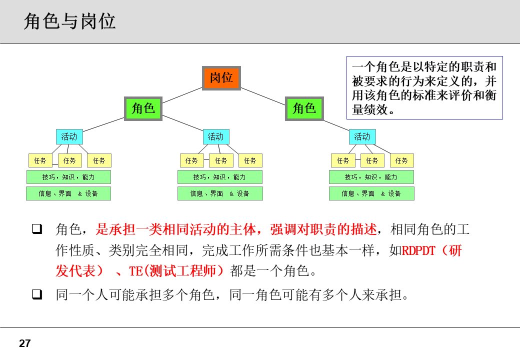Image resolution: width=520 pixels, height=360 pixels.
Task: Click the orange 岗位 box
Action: [221, 78]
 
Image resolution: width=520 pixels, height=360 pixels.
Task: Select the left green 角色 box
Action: [143, 108]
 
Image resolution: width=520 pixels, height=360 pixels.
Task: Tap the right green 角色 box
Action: [304, 108]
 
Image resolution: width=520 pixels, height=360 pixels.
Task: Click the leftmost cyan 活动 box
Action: [69, 136]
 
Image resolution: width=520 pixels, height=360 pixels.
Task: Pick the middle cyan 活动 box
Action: [215, 136]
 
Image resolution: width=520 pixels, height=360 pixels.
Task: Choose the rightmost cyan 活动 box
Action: [362, 136]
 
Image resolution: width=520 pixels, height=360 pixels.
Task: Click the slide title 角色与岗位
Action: [69, 21]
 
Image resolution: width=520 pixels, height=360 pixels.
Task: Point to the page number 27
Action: [24, 343]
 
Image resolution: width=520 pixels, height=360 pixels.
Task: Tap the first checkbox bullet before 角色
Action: [36, 229]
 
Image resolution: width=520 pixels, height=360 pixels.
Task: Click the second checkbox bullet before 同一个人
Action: [36, 294]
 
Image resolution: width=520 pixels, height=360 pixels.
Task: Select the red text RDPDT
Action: [419, 250]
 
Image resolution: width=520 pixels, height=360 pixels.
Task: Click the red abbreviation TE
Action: [136, 271]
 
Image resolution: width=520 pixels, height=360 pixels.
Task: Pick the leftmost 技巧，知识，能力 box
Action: [68, 177]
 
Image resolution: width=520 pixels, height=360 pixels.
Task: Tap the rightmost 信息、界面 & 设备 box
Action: [371, 193]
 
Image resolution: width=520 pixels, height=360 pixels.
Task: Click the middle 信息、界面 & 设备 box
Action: [220, 193]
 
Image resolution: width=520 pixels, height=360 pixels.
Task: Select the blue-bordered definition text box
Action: [424, 87]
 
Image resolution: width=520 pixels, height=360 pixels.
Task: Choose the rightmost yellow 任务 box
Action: [401, 160]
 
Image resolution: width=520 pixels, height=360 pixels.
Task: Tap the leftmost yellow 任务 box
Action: [40, 160]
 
